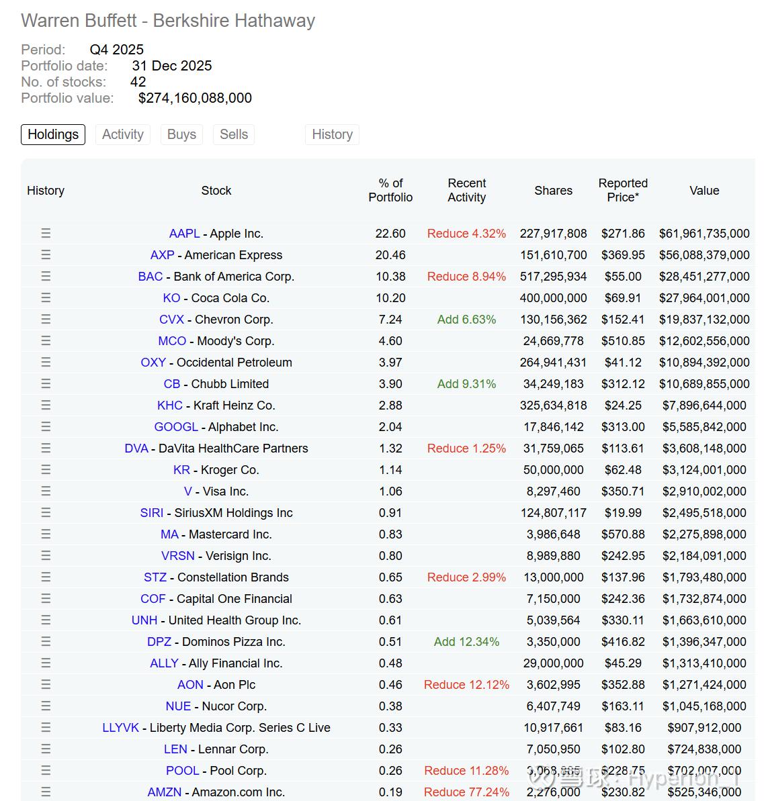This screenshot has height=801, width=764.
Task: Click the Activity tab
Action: pyautogui.click(x=123, y=134)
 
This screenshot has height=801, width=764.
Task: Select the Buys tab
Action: pyautogui.click(x=181, y=134)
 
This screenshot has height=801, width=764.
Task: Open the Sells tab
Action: pyautogui.click(x=234, y=134)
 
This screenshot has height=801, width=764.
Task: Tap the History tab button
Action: pyautogui.click(x=332, y=134)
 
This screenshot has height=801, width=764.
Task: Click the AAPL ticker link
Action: pyautogui.click(x=184, y=234)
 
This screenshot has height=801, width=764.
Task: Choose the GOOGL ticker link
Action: pyautogui.click(x=176, y=427)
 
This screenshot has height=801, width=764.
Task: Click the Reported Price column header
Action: pyautogui.click(x=623, y=190)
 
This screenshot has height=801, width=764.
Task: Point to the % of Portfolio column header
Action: pyautogui.click(x=390, y=190)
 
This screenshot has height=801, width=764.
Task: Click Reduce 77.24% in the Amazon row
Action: pyautogui.click(x=466, y=792)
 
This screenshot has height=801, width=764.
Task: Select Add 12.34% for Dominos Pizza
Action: pyautogui.click(x=466, y=642)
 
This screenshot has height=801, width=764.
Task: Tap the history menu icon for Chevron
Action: pyautogui.click(x=46, y=320)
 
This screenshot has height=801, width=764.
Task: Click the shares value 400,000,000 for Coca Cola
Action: pyautogui.click(x=553, y=298)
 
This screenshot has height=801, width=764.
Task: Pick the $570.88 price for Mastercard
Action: pyautogui.click(x=623, y=534)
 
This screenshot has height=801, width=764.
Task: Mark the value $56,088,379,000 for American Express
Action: pyautogui.click(x=704, y=255)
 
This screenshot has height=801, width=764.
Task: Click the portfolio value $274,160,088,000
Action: pyautogui.click(x=195, y=98)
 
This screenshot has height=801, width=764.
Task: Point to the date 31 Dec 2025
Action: pyautogui.click(x=172, y=66)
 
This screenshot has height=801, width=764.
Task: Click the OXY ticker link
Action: pyautogui.click(x=153, y=363)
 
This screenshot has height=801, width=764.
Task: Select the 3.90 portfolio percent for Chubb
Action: pyautogui.click(x=390, y=384)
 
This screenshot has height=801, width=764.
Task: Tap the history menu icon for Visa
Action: pyautogui.click(x=46, y=491)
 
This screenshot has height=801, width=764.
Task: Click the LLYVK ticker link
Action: pyautogui.click(x=121, y=728)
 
